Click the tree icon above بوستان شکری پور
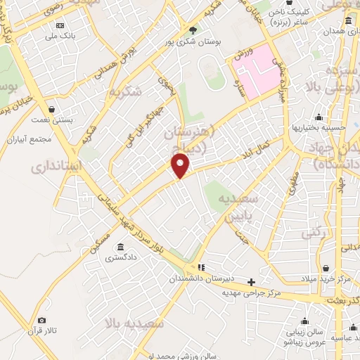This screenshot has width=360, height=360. (193, 30)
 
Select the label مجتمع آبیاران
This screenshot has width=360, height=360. (27, 139)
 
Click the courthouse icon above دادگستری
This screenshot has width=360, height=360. (122, 247)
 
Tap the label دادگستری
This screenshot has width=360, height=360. (121, 258)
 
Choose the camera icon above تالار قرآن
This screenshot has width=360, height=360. (41, 321)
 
